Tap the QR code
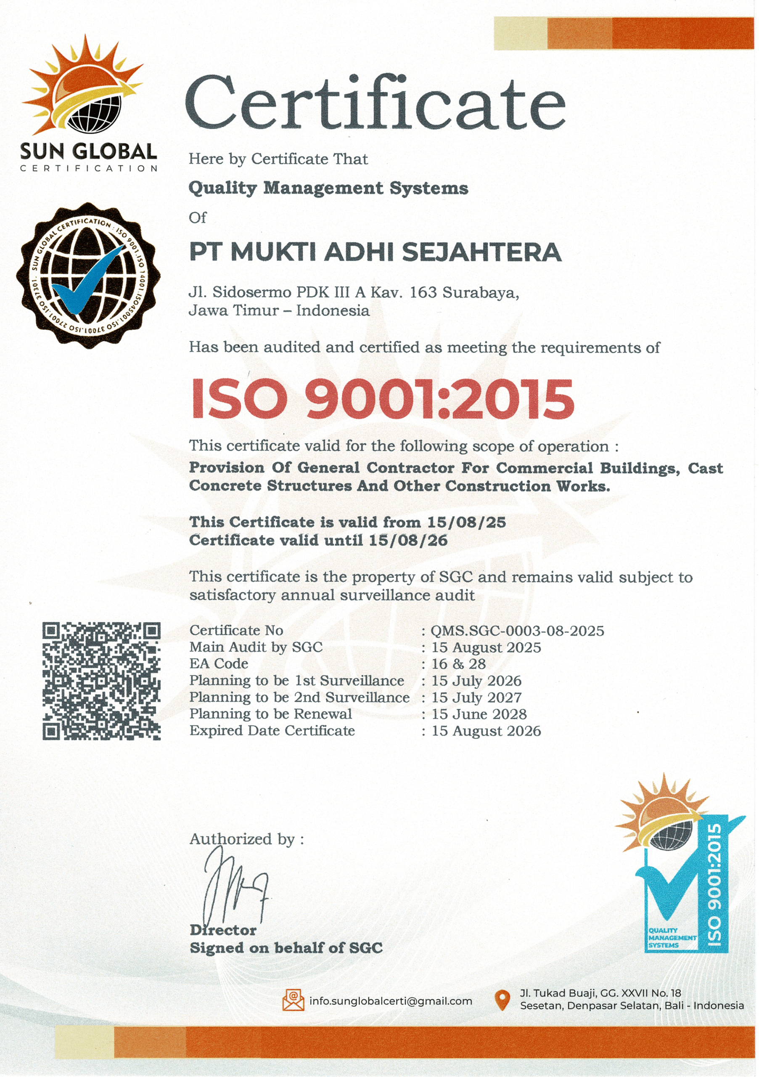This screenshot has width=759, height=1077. tap(101, 681)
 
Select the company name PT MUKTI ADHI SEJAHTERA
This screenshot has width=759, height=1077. tap(375, 252)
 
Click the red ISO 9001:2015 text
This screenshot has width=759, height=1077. tap(383, 399)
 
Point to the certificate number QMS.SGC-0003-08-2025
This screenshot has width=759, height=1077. tap(517, 631)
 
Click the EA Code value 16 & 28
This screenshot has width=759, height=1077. tap(458, 664)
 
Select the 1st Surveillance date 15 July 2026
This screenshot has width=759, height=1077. tap(476, 681)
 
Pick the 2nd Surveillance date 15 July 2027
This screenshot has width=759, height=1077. tap(476, 698)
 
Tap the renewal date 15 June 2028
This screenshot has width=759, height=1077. tap(479, 714)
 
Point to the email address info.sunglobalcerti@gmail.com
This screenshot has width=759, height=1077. tap(391, 1001)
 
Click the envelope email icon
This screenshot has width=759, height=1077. tap(294, 1000)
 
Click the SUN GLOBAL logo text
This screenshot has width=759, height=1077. tap(88, 151)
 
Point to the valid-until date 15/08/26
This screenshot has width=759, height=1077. tap(408, 540)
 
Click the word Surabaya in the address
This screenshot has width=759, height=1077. tap(481, 293)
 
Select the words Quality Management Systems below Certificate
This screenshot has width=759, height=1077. tap(328, 188)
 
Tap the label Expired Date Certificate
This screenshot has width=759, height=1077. tap(272, 731)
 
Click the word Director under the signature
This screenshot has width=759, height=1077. tap(223, 930)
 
